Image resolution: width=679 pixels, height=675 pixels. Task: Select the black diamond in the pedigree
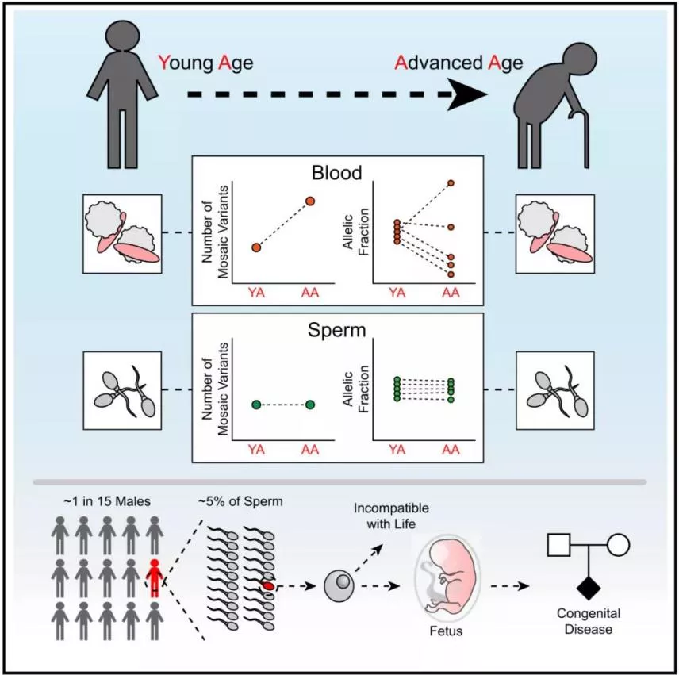click(587, 588)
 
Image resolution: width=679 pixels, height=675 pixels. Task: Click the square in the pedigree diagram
click(559, 545)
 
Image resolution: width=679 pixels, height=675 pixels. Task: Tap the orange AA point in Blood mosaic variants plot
click(310, 201)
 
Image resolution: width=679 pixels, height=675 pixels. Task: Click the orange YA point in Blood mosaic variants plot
click(256, 247)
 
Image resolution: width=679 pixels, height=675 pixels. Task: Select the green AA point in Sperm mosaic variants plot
click(310, 405)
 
